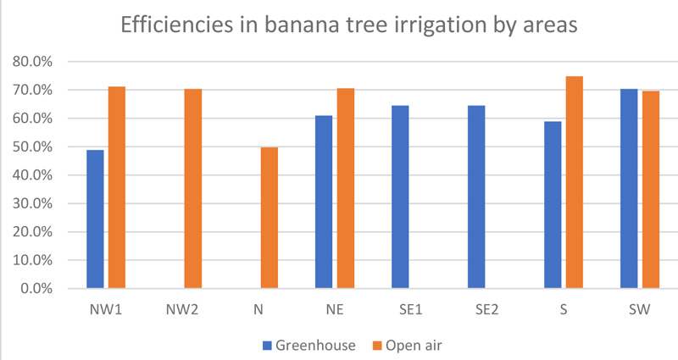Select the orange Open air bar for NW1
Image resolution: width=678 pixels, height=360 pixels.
click(116, 187)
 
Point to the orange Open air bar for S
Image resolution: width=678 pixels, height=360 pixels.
click(574, 182)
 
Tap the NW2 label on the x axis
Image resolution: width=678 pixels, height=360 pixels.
click(182, 310)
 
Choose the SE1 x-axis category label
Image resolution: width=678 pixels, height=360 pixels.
click(411, 310)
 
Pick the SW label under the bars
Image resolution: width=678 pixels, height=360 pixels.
click(640, 310)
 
